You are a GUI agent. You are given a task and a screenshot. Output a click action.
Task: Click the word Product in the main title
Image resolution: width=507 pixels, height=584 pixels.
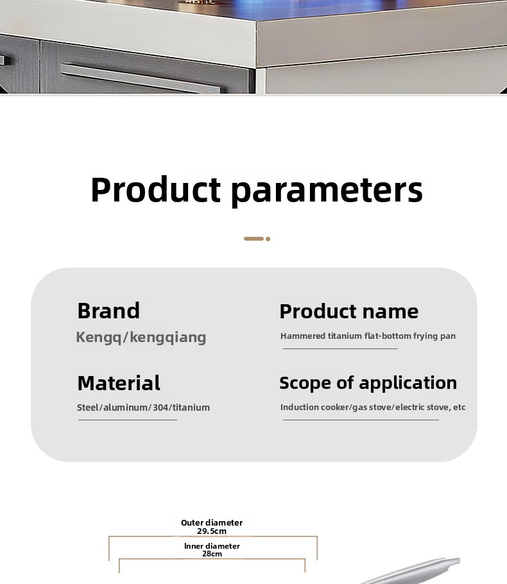tap(156, 189)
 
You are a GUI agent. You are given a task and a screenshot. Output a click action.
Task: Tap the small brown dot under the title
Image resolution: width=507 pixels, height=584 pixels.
tap(268, 239)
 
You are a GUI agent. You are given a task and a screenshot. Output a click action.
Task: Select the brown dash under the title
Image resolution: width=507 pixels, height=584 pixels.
tap(253, 239)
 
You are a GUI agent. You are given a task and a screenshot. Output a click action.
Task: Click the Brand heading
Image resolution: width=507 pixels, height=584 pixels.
tap(108, 311)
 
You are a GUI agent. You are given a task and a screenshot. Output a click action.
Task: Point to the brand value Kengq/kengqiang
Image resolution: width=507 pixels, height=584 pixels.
tap(141, 338)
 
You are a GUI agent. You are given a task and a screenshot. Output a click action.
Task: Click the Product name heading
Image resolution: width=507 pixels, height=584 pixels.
tap(349, 311)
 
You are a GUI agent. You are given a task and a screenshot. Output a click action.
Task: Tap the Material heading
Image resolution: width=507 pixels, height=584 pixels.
tap(119, 383)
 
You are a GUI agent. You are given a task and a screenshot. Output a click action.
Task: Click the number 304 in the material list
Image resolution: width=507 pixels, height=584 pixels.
tap(160, 408)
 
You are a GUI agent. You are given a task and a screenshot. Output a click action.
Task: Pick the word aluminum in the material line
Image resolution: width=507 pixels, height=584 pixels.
tap(125, 408)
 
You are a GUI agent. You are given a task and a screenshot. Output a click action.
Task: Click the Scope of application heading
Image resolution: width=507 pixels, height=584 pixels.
tap(368, 383)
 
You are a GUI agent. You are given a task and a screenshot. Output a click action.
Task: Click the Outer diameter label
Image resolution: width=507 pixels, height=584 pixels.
tap(212, 522)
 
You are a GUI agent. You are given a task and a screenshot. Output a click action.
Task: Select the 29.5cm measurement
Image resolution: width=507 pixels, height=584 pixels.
tap(212, 531)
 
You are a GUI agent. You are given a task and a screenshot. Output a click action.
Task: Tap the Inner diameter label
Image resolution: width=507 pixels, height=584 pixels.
tap(212, 546)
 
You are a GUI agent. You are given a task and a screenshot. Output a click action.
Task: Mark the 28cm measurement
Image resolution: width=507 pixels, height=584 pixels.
tap(212, 554)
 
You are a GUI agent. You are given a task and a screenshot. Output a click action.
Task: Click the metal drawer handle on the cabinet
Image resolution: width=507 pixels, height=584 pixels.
tap(141, 78)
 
